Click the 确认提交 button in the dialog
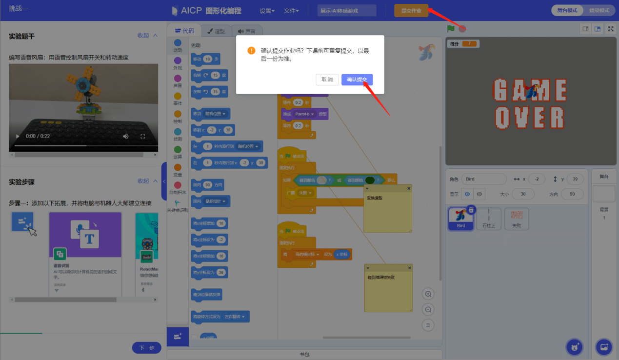pyautogui.click(x=357, y=80)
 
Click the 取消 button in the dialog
pyautogui.click(x=327, y=80)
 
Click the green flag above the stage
pyautogui.click(x=451, y=29)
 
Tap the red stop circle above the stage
pyautogui.click(x=462, y=29)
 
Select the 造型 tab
pyautogui.click(x=216, y=31)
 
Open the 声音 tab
pyautogui.click(x=246, y=31)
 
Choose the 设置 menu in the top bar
pyautogui.click(x=267, y=11)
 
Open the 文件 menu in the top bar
pyautogui.click(x=291, y=11)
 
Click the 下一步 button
pyautogui.click(x=146, y=348)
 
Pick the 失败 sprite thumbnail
pyautogui.click(x=517, y=219)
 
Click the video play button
pyautogui.click(x=18, y=136)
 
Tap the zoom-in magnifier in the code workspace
pyautogui.click(x=428, y=294)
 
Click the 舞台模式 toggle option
pyautogui.click(x=567, y=10)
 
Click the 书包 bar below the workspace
pyautogui.click(x=304, y=355)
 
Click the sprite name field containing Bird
pyautogui.click(x=483, y=179)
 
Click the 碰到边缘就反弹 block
pyautogui.click(x=207, y=295)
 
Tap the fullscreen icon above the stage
pyautogui.click(x=611, y=29)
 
